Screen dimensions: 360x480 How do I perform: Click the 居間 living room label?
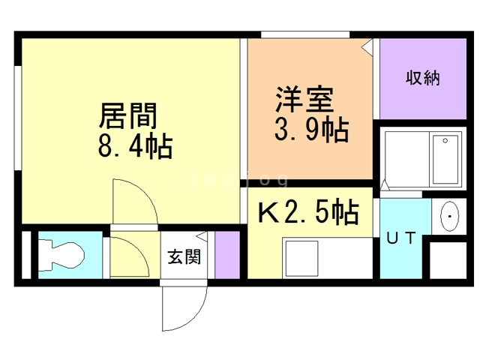click(x=128, y=116)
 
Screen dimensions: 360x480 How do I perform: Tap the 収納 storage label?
click(x=423, y=78)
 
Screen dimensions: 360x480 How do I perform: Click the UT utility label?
click(x=400, y=238)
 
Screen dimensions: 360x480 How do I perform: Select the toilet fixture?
click(x=60, y=254)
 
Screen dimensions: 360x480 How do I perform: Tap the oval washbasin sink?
click(x=448, y=217)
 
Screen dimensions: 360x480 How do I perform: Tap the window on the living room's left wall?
click(x=16, y=112)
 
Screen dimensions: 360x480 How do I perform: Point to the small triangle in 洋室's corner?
click(x=367, y=46)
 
